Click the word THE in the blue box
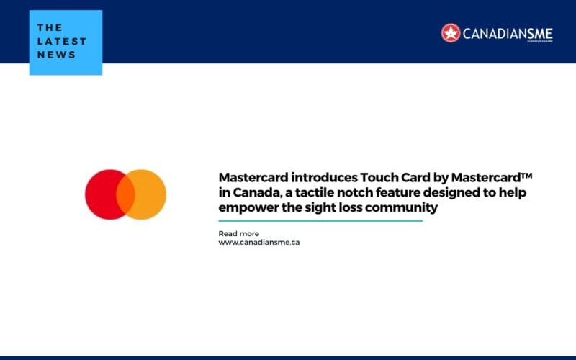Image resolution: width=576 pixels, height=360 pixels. click(x=50, y=27)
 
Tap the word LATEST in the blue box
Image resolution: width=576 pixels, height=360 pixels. click(x=62, y=41)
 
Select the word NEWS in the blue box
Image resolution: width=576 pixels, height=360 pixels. click(x=57, y=55)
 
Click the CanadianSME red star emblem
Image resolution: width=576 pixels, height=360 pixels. click(x=451, y=32)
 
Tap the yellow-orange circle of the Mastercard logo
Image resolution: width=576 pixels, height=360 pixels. click(x=150, y=194)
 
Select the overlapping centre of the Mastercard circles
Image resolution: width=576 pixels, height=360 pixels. click(x=125, y=194)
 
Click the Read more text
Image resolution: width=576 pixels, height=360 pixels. click(x=238, y=233)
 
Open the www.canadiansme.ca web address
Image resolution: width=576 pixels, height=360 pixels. click(x=258, y=242)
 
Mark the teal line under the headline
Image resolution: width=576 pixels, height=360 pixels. click(x=320, y=221)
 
